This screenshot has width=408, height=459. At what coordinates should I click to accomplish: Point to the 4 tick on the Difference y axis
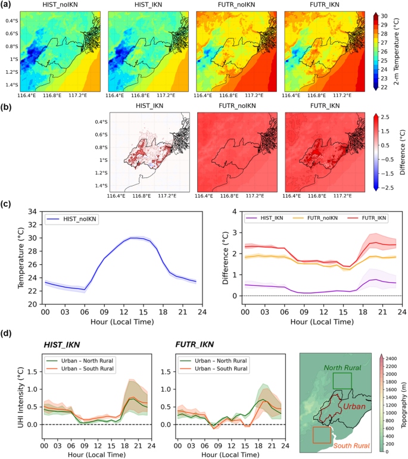tap(236, 211)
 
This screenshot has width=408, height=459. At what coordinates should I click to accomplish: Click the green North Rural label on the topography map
tap(342, 367)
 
